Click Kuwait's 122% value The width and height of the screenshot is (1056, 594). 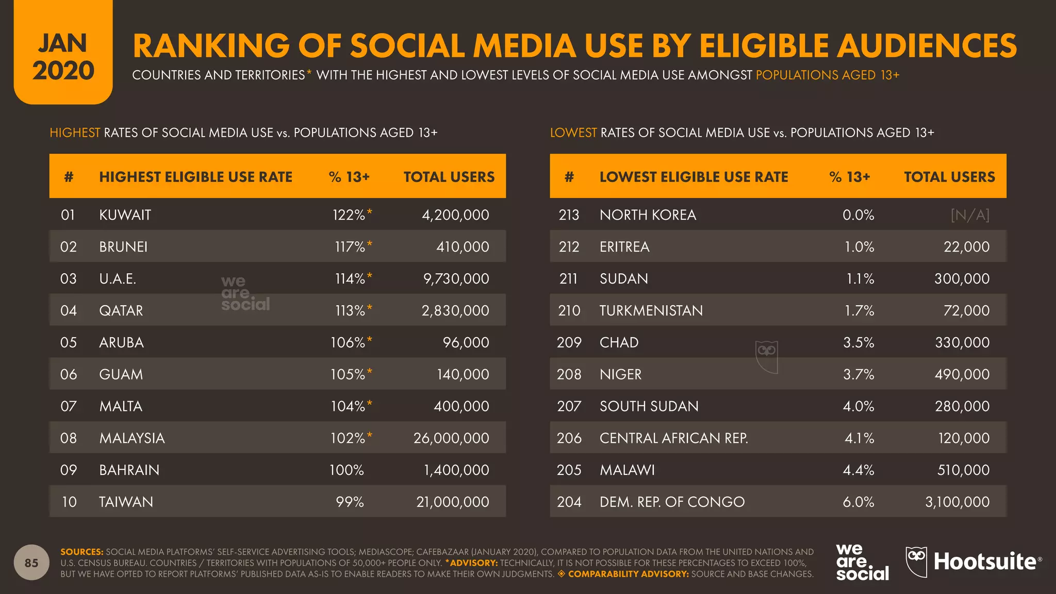(349, 215)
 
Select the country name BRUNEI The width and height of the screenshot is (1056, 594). (123, 247)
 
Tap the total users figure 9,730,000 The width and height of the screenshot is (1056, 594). (456, 279)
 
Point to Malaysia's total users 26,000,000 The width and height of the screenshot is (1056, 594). (451, 438)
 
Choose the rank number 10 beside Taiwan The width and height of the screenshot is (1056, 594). (69, 502)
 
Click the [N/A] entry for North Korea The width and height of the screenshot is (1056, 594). (970, 215)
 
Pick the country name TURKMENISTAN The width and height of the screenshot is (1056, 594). (651, 311)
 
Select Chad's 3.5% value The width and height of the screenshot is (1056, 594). (859, 343)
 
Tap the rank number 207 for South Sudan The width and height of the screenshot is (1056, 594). (569, 406)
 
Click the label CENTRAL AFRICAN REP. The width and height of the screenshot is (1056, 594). (673, 438)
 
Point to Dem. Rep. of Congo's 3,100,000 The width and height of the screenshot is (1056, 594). (957, 502)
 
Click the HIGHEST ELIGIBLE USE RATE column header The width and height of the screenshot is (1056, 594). (195, 177)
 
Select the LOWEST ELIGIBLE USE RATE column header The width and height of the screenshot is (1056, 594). (694, 177)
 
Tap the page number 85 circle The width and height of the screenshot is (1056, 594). (31, 563)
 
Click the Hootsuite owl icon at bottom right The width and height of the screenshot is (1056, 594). (916, 562)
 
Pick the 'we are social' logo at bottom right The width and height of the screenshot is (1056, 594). (862, 562)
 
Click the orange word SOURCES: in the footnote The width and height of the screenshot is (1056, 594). (81, 552)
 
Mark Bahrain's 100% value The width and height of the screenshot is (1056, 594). (346, 470)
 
